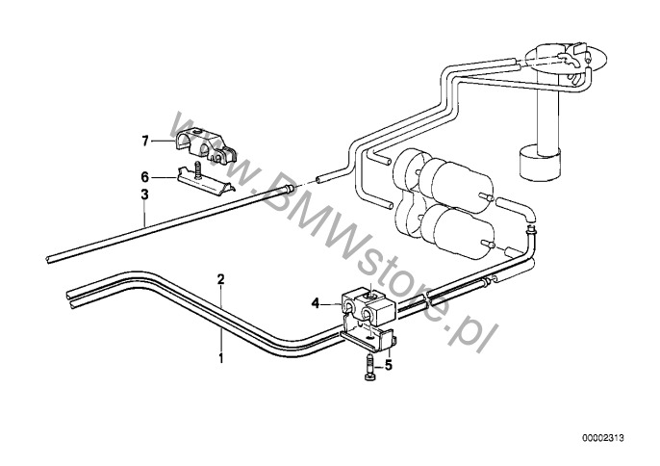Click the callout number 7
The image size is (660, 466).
(x=145, y=142)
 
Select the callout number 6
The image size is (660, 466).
(x=144, y=176)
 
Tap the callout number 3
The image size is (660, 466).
(x=144, y=195)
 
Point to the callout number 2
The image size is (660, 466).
(x=221, y=279)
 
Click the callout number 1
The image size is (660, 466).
(x=220, y=358)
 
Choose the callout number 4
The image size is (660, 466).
(x=316, y=303)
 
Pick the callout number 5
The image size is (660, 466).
(x=388, y=365)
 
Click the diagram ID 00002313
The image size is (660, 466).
(x=603, y=438)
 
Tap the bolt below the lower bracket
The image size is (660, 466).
(x=369, y=368)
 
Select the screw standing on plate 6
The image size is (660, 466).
(x=198, y=170)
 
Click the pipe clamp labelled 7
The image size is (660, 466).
(x=206, y=145)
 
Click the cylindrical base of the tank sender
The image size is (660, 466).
(x=541, y=163)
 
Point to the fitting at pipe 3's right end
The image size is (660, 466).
(x=289, y=189)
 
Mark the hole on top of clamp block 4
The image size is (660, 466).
(x=371, y=296)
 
